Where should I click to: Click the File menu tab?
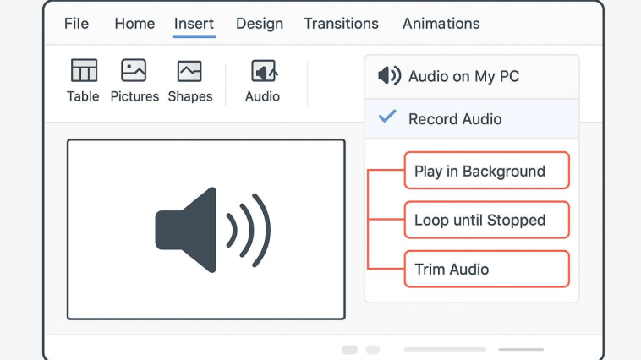point(76,24)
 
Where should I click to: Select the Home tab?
point(134,24)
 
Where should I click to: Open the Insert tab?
point(194,24)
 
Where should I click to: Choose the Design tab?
point(260,24)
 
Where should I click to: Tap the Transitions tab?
point(341,24)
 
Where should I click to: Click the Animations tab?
point(441,24)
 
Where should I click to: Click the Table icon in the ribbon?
point(84,70)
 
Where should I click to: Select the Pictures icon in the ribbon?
point(134,70)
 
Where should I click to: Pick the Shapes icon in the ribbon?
point(189,71)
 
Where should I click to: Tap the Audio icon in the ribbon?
point(264,71)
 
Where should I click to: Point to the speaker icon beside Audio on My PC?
point(389,75)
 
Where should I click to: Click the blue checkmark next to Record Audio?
point(387,117)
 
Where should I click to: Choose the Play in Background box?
point(487,171)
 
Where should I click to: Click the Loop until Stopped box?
point(487,220)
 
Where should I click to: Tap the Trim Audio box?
point(487,270)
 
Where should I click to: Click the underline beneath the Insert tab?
point(194,37)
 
